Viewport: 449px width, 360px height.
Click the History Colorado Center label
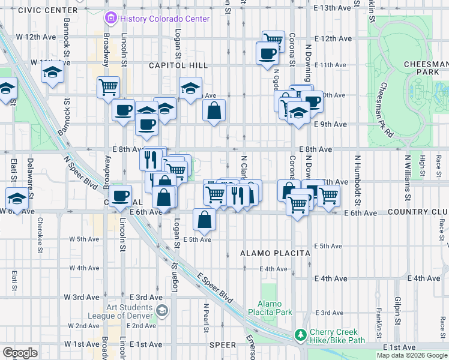pyautogui.click(x=164, y=19)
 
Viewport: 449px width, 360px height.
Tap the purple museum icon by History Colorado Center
pyautogui.click(x=110, y=19)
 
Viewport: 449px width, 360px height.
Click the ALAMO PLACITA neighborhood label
pyautogui.click(x=275, y=254)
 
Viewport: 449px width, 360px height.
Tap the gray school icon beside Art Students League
pyautogui.click(x=161, y=310)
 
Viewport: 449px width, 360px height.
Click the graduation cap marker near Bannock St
pyautogui.click(x=52, y=73)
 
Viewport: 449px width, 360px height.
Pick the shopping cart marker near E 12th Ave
pyautogui.click(x=273, y=40)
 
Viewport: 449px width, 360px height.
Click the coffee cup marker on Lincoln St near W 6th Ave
pyautogui.click(x=120, y=195)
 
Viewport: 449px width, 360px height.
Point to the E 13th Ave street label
pyautogui.click(x=332, y=8)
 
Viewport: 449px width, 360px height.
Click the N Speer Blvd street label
pyautogui.click(x=82, y=173)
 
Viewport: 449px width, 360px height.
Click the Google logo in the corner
pyautogui.click(x=20, y=353)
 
